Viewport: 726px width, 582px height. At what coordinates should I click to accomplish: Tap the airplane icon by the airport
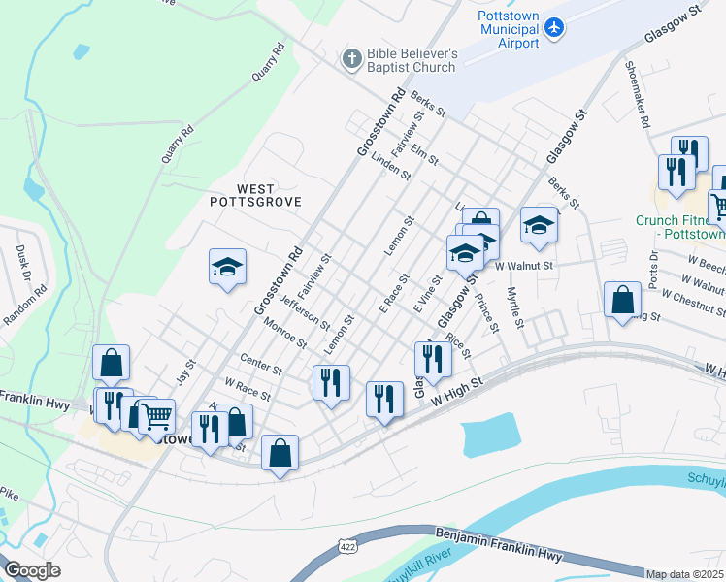pos(554,27)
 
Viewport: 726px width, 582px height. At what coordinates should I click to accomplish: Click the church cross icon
pos(350,60)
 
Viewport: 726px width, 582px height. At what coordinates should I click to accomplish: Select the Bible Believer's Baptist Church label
pos(412,60)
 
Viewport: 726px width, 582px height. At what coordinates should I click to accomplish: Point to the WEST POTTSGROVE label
pos(256,195)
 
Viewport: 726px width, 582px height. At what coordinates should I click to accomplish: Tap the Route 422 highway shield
pos(346,548)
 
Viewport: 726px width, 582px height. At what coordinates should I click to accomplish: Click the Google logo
pos(32,570)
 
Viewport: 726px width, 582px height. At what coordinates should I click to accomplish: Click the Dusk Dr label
pos(21,262)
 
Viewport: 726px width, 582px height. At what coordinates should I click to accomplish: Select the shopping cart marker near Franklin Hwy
pos(156,416)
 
